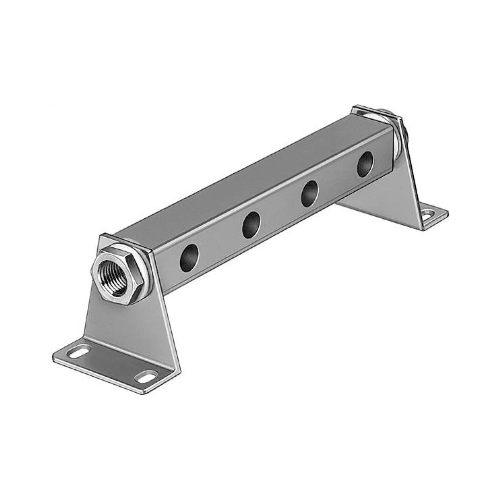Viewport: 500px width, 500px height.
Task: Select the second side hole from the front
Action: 251,225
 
